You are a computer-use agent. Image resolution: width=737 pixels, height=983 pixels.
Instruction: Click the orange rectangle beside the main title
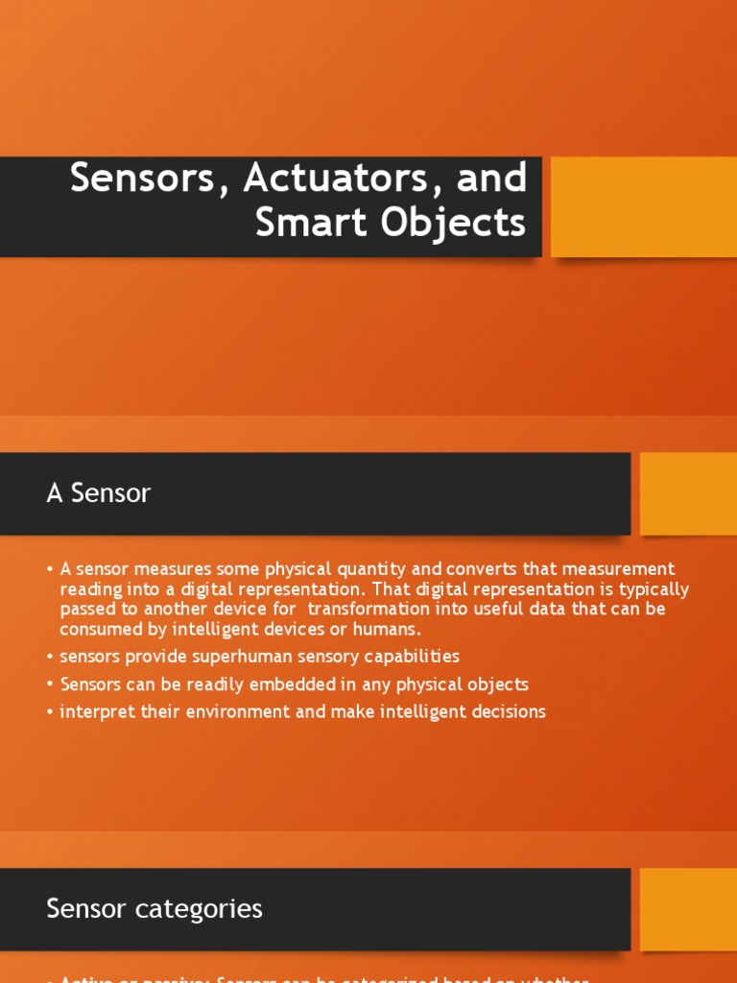click(643, 206)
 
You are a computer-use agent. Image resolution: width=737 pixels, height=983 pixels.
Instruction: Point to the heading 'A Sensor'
click(99, 493)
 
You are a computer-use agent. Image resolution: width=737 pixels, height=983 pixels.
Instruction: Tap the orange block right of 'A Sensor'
click(688, 493)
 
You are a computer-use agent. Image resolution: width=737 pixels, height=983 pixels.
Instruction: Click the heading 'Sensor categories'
click(155, 908)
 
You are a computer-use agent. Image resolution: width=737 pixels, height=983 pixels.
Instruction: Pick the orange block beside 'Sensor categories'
click(688, 909)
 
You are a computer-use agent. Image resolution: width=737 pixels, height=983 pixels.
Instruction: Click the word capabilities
click(406, 657)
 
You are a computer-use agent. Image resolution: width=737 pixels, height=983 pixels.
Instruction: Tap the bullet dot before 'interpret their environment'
click(50, 712)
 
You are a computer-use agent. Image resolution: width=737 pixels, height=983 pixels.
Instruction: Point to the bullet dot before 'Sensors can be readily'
click(50, 684)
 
